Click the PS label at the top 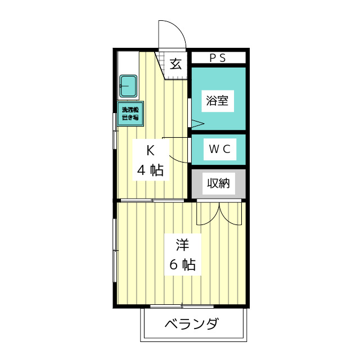click(x=218, y=57)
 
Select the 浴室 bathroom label click(x=217, y=101)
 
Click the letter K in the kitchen click(x=150, y=151)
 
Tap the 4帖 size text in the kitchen click(x=150, y=170)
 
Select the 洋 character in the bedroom click(x=182, y=245)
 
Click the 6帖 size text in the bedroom click(x=182, y=265)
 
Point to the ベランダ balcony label click(x=192, y=325)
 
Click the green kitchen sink click(x=128, y=85)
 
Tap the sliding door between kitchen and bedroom click(x=152, y=200)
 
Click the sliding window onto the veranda click(x=182, y=306)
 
